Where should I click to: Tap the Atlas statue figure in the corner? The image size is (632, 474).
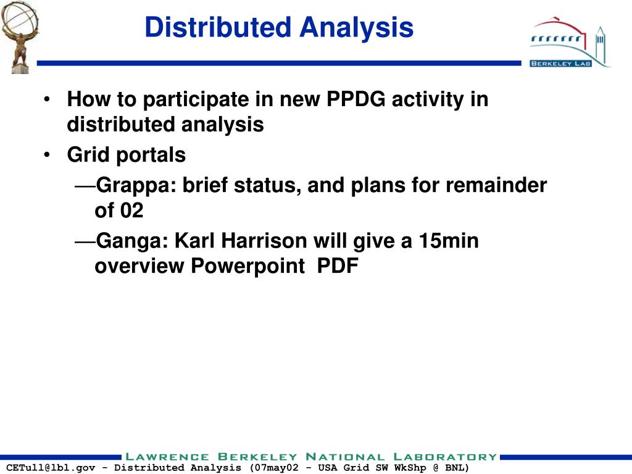coord(16,36)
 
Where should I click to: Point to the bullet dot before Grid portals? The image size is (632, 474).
coord(48,155)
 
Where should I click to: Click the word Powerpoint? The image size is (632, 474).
coord(247,266)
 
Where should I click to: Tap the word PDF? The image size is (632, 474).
coord(338,266)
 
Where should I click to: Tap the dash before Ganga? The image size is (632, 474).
coord(85,241)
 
